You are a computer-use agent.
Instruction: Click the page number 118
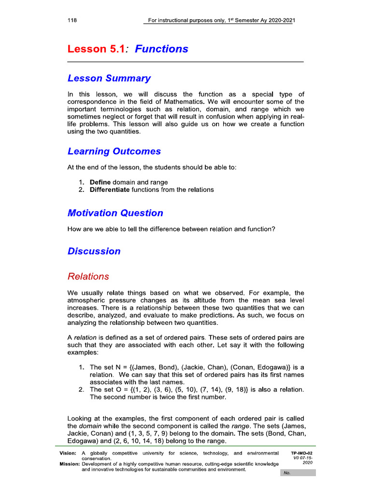pos(72,20)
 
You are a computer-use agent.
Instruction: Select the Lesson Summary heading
pos(109,78)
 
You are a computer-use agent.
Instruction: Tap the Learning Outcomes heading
pos(114,151)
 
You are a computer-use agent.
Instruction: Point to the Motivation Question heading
pos(115,213)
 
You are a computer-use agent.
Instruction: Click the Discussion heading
pos(94,251)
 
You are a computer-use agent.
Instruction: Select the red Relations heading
pos(88,277)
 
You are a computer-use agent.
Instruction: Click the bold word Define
pos(100,182)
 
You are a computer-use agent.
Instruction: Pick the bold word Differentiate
pos(110,190)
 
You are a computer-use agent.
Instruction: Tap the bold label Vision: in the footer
pos(68,453)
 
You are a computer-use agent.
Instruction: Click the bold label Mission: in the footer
pos(69,464)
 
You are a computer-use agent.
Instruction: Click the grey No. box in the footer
pos(298,473)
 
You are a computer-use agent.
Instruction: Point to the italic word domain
pos(89,426)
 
